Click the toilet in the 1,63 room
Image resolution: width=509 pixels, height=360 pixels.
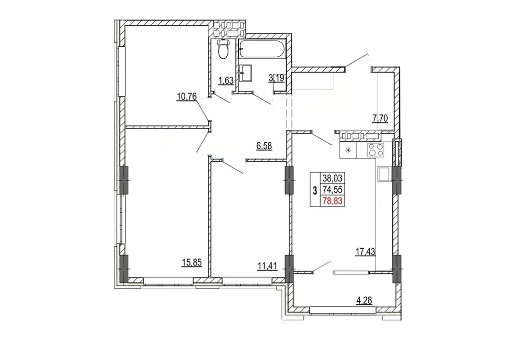[x=222, y=49]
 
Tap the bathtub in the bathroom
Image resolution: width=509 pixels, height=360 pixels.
[x=262, y=50]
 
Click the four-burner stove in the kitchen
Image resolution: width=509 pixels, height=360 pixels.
[x=375, y=150]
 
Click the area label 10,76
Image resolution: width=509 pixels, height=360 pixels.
[x=187, y=96]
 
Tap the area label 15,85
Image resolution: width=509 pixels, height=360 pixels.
[x=192, y=263]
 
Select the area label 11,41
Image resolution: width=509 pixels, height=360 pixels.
[x=267, y=266]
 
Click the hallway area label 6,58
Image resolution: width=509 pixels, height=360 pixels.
[x=264, y=146]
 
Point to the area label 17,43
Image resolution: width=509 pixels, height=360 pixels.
[x=365, y=251]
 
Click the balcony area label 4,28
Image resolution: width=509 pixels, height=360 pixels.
[x=364, y=300]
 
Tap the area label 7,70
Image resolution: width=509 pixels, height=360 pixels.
[x=380, y=119]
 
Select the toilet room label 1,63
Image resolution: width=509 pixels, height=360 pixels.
[x=226, y=81]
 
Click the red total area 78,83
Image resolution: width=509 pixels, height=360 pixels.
[x=332, y=201]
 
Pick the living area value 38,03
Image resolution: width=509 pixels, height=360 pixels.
[x=332, y=178]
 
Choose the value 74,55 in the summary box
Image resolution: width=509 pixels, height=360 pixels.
[x=332, y=190]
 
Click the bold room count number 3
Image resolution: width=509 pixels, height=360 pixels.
[x=314, y=190]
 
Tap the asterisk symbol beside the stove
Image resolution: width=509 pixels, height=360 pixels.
[x=348, y=150]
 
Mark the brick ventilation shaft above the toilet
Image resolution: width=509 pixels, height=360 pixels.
[x=227, y=29]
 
